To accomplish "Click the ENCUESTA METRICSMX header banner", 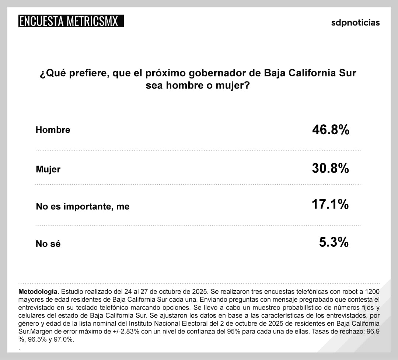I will click(x=70, y=21).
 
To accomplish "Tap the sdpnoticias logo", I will click(x=355, y=22).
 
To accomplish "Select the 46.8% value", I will click(x=331, y=130).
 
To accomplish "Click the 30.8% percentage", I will click(x=331, y=169).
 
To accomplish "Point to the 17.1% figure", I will click(x=331, y=204).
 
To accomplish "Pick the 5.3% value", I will click(x=334, y=242).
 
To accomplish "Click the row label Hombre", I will click(x=53, y=130).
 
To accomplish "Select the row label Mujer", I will click(x=48, y=169).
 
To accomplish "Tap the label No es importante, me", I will click(x=83, y=207).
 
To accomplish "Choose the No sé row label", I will click(x=48, y=244).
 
